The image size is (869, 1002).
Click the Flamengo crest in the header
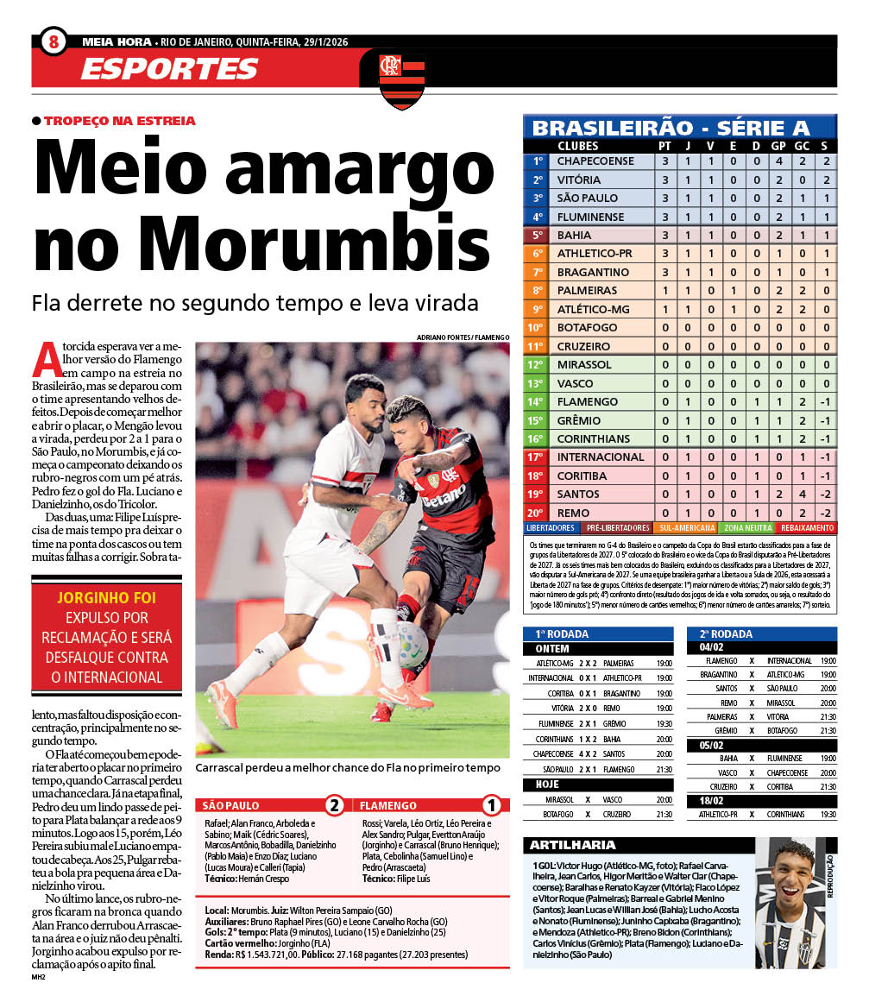tap(402, 79)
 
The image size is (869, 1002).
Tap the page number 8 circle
tap(54, 41)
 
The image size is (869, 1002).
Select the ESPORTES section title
tap(170, 69)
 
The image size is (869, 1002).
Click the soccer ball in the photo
tap(413, 644)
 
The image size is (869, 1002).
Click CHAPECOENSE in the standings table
tap(595, 161)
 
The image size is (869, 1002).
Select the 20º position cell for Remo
tap(537, 512)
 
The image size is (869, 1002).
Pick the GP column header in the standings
tap(778, 146)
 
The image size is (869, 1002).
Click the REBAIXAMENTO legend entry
tap(806, 527)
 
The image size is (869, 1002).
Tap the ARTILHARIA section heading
tap(572, 845)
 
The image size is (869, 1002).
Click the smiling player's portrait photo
tap(790, 901)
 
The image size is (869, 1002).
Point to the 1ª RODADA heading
tap(562, 633)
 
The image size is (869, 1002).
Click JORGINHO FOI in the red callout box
tap(107, 597)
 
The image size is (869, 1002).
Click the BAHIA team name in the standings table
tap(575, 235)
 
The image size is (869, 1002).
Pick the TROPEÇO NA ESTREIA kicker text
tap(119, 121)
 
